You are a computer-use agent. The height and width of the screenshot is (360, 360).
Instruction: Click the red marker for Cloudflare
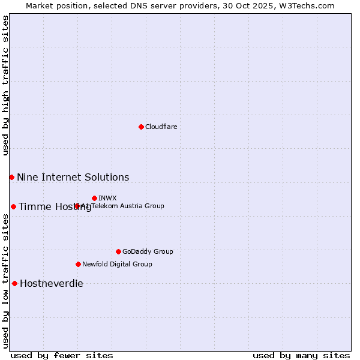point(141,127)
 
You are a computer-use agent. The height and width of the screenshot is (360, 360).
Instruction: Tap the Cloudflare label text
point(161,127)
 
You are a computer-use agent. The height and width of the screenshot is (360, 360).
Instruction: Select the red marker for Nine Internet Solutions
point(11,177)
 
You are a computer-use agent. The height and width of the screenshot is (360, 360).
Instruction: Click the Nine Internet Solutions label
point(73,177)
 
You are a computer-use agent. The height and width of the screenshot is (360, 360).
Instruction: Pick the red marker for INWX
point(94,198)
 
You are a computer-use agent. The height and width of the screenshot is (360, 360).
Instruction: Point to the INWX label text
point(107,198)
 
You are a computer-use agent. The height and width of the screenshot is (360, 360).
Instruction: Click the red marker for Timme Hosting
point(13,206)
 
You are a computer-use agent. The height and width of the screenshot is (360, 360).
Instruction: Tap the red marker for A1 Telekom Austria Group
point(77,206)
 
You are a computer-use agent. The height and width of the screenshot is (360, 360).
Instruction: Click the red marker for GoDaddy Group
point(118,251)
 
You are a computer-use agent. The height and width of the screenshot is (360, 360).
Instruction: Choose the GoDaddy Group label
point(148,251)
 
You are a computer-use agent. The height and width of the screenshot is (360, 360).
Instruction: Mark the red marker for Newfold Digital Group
point(78,264)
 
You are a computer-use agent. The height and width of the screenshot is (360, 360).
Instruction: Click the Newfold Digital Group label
point(117,264)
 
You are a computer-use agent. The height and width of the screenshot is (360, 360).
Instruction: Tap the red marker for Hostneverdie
point(14,283)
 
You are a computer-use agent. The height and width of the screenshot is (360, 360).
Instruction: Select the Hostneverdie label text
point(52,283)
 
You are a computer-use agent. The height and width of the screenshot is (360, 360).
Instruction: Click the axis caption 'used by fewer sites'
point(62,355)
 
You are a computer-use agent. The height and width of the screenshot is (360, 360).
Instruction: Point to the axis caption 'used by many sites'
point(301,355)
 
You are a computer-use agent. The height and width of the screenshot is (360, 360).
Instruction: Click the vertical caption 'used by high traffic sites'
point(5,85)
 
